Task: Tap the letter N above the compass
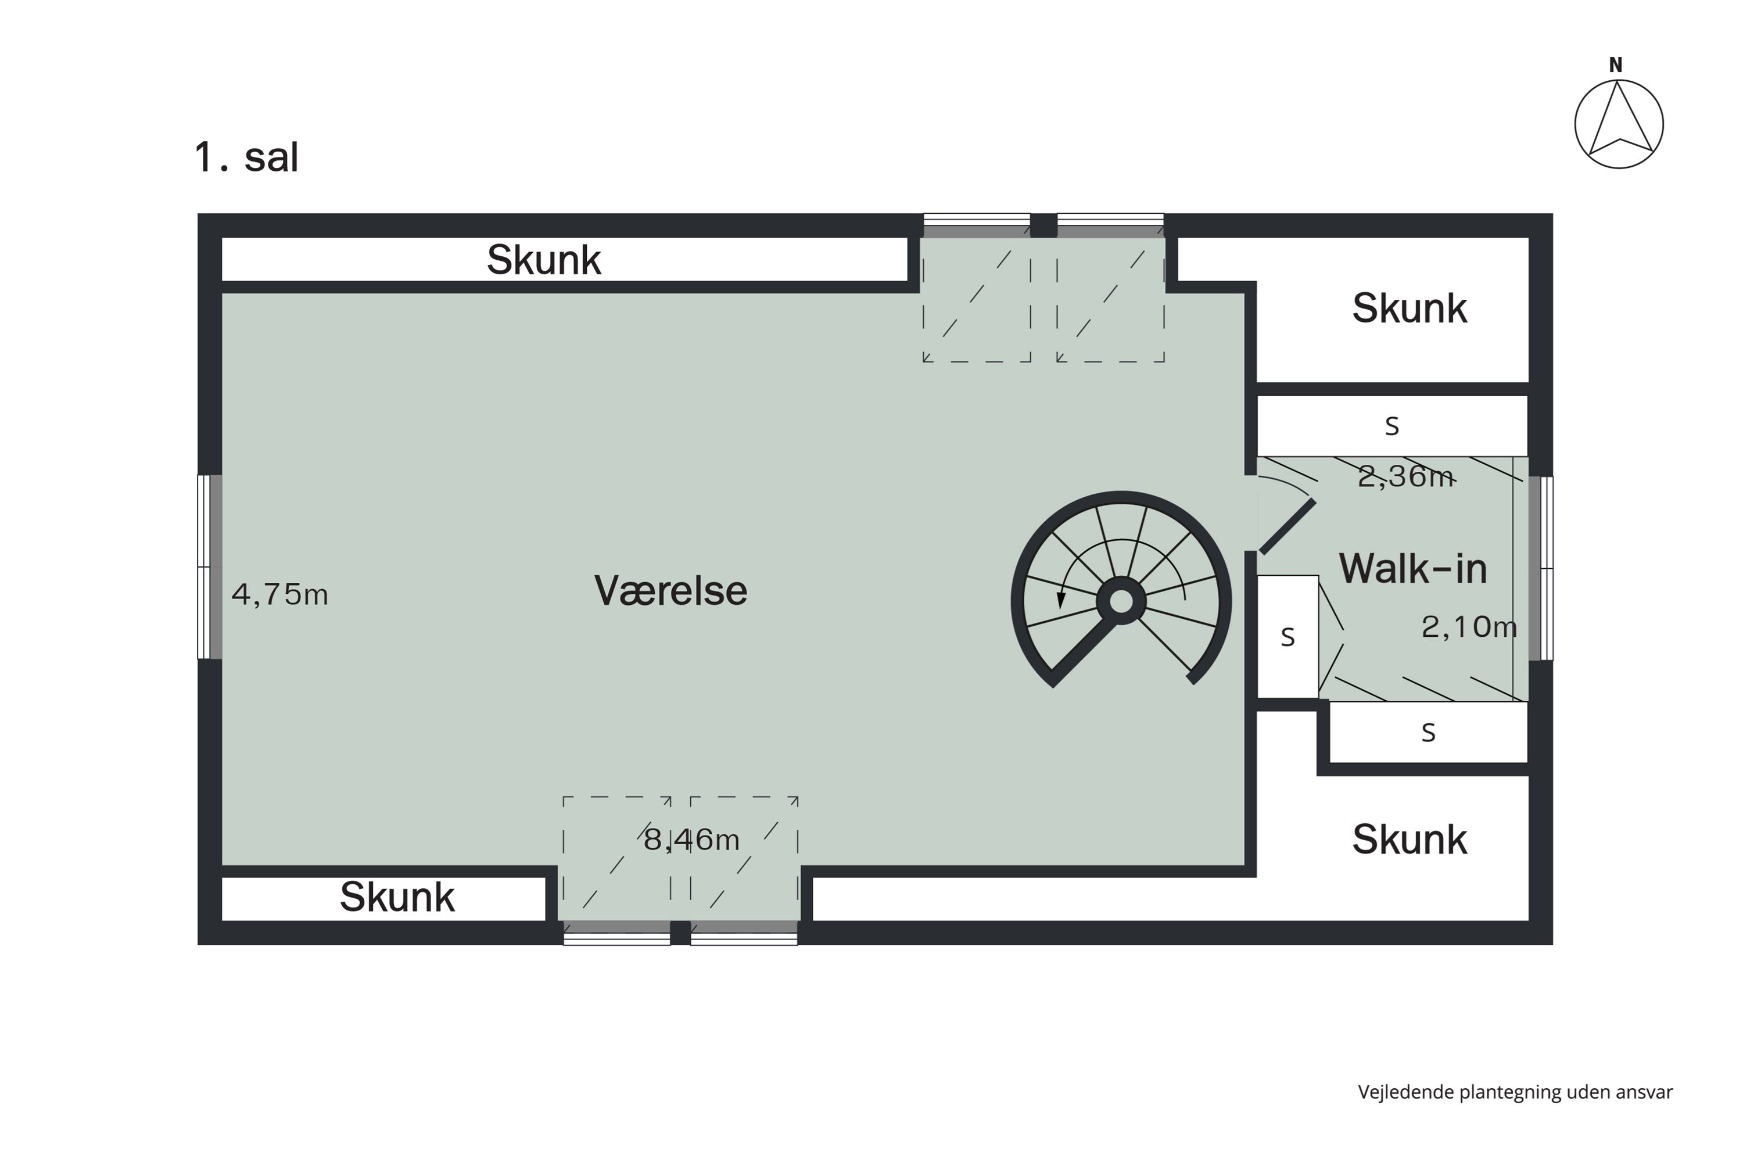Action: coord(1616,65)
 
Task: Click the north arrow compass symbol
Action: coord(1619,124)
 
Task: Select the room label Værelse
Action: coord(670,591)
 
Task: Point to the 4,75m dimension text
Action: coord(279,594)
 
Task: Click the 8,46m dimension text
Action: coord(691,840)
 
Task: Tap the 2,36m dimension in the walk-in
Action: coord(1405,476)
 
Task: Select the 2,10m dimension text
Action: coord(1469,627)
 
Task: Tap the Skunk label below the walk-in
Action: coord(1410,839)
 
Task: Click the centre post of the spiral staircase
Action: coord(1121,601)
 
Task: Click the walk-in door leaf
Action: coord(1288,527)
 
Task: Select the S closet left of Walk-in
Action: coord(1288,637)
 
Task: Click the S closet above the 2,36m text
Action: coord(1393,425)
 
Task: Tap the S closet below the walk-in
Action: coord(1429,732)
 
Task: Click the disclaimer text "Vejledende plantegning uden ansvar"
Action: coord(1515,1092)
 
